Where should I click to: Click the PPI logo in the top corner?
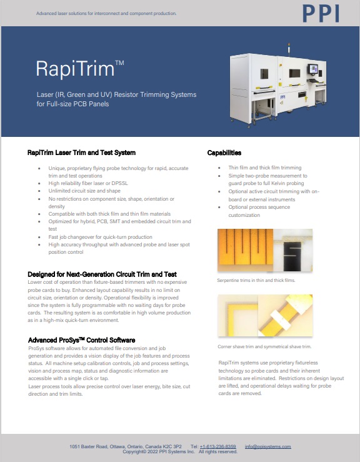point(321,14)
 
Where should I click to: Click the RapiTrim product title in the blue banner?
point(80,69)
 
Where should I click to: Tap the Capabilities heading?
point(224,153)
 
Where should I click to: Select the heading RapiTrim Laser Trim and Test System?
point(82,153)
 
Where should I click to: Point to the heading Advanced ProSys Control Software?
point(82,340)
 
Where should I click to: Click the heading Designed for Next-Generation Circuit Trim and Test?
point(102,274)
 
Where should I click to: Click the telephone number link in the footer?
point(217,446)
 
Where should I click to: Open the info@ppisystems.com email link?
point(267,446)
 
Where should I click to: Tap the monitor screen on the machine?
point(313,69)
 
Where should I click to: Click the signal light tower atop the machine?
point(289,48)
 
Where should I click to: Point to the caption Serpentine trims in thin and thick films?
point(256,280)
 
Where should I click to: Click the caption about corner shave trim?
point(264,346)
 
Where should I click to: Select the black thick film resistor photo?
point(292,250)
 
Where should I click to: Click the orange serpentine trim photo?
point(245,250)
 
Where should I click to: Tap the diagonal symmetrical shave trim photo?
point(285,315)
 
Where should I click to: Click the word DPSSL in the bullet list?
point(119,183)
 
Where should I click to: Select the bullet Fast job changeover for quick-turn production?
point(100,237)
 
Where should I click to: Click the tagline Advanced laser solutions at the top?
point(106,13)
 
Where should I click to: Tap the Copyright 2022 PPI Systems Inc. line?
point(180,452)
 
